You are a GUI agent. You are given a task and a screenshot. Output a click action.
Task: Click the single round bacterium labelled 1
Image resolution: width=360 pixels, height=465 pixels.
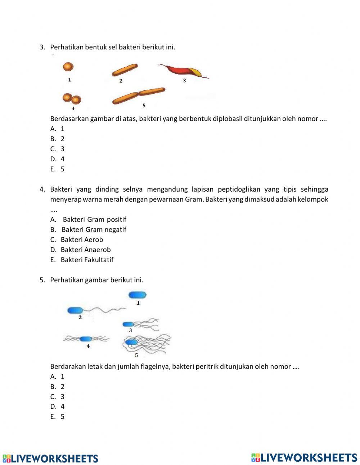68,67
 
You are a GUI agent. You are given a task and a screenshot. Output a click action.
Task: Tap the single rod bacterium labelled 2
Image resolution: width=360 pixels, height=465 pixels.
125,70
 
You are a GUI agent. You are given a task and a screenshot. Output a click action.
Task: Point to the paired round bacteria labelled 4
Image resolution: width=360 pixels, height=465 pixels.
72,99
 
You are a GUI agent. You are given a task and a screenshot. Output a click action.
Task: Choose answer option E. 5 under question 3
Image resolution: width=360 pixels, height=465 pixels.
58,169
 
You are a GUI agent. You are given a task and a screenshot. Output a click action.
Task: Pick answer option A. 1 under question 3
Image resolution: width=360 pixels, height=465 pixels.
58,129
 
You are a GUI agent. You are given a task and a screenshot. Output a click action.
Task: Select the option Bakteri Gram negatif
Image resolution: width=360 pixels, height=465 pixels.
94,229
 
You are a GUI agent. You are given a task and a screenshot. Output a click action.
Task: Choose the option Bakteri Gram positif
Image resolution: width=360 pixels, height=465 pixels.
94,219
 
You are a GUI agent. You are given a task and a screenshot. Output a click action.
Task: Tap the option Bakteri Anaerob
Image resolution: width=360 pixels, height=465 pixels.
86,250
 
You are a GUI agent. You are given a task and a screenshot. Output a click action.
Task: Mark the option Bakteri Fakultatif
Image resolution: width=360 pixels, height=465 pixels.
87,260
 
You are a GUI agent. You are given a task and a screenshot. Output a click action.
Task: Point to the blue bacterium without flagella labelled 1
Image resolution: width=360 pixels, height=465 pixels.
138,295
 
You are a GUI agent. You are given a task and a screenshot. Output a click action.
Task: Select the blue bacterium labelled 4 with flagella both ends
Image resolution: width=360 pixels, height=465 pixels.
86,339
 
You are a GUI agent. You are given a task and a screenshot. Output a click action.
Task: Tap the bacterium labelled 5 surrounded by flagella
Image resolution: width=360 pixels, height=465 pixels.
132,343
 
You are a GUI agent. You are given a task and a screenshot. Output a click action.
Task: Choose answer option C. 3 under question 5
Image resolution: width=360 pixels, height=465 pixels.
58,397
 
